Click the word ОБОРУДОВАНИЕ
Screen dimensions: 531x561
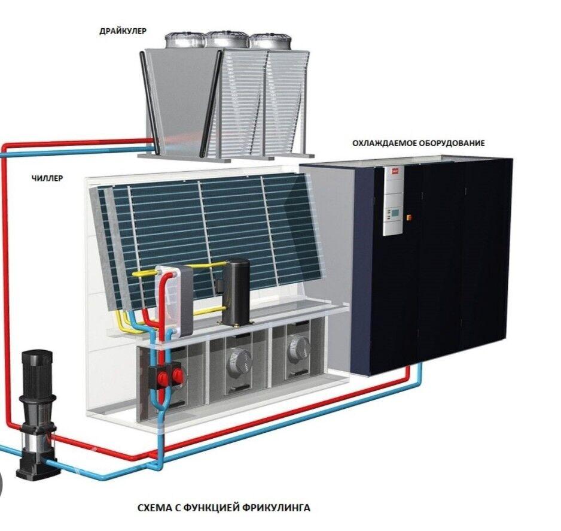click(452, 144)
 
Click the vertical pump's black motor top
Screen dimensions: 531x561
click(35, 369)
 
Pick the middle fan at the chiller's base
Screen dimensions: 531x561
click(237, 353)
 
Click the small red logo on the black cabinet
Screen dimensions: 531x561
click(395, 172)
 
